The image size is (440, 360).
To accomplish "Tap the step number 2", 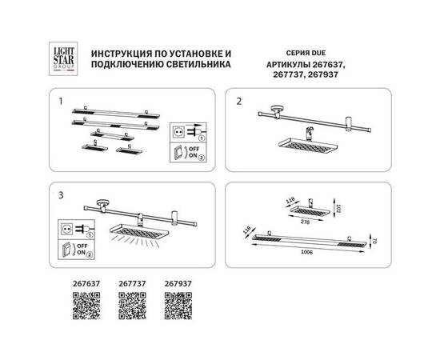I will point(238,102).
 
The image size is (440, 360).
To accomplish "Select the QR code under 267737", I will point(130,306).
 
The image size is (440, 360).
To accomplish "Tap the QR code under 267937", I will point(176,306).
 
